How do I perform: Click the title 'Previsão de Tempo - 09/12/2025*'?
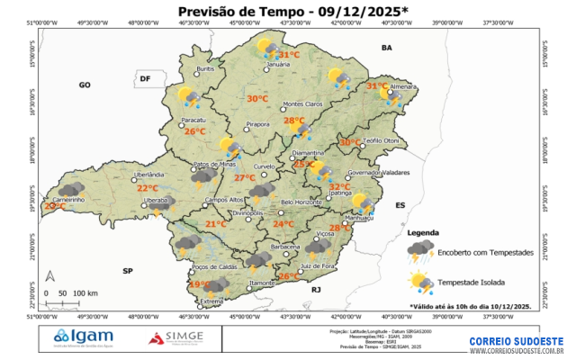tap(280, 11)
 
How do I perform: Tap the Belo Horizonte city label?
tap(301, 202)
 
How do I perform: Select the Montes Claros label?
tap(302, 104)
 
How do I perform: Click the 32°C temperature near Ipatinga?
tap(352, 186)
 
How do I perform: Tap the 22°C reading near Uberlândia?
tap(147, 188)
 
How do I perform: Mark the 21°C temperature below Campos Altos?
tap(216, 224)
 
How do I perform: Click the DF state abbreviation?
tap(144, 79)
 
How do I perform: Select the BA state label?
tap(388, 47)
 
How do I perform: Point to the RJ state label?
tap(316, 291)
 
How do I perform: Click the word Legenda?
tap(424, 233)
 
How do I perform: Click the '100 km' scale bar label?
tap(85, 293)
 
